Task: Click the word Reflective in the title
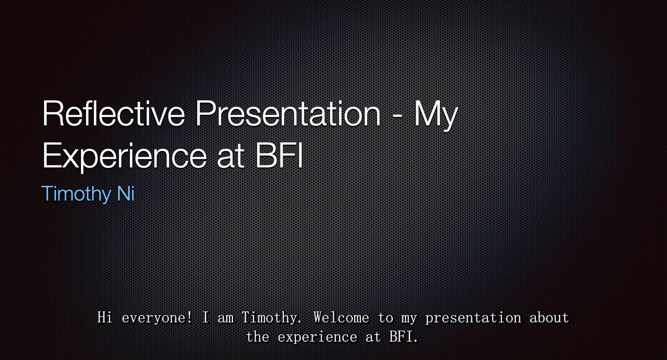(114, 114)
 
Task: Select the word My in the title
(436, 115)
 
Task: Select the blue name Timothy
(76, 194)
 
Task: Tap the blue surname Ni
(126, 194)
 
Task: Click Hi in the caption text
(105, 318)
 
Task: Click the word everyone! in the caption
(157, 318)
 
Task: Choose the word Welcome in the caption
(341, 318)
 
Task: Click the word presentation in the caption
(473, 318)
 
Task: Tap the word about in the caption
(549, 318)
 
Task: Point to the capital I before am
(205, 318)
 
